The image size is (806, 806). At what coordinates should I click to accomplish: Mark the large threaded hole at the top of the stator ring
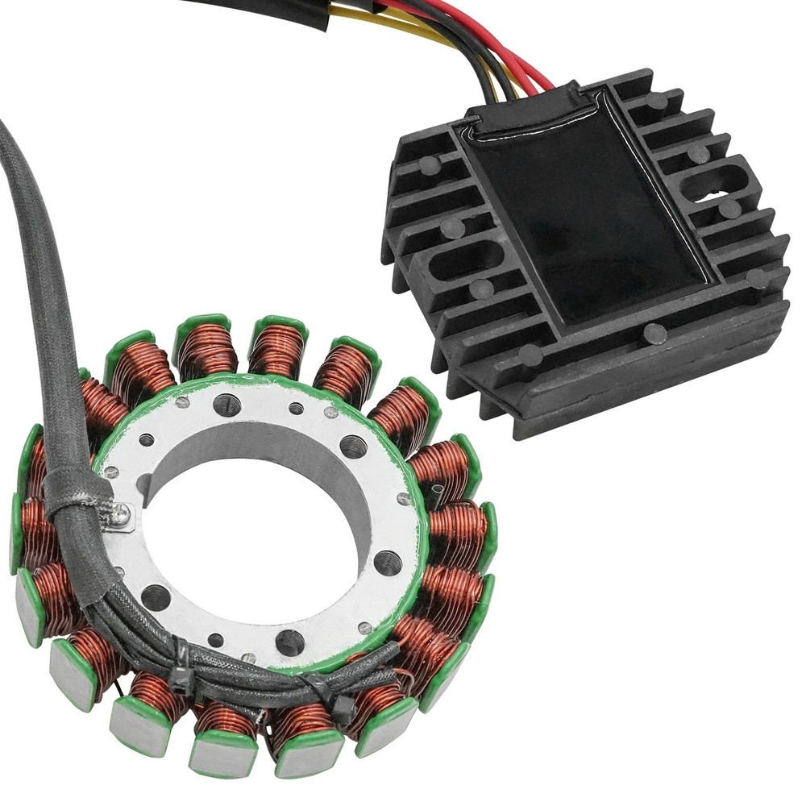click(227, 405)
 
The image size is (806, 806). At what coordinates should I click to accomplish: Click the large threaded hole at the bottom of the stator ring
click(289, 642)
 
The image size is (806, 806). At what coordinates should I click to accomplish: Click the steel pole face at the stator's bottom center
click(222, 754)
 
